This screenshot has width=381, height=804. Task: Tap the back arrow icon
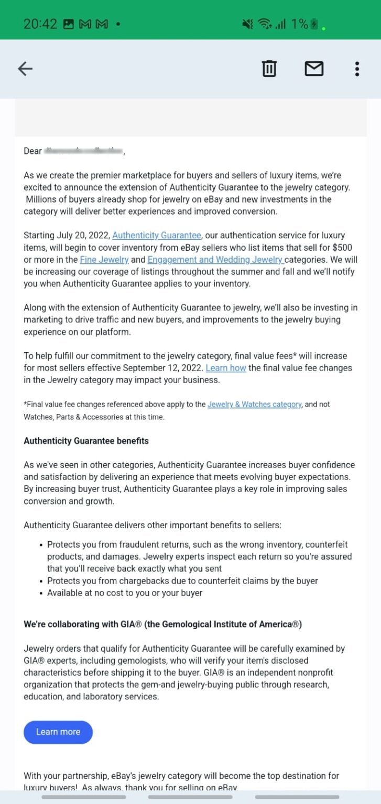(25, 69)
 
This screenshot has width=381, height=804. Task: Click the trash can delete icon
(269, 69)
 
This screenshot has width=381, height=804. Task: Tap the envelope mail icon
(313, 69)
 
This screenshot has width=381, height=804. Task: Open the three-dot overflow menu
(357, 69)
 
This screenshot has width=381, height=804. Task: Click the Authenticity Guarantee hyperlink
(156, 236)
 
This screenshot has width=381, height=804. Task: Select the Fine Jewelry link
(104, 260)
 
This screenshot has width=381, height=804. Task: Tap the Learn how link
(226, 368)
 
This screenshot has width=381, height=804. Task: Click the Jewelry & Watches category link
(254, 404)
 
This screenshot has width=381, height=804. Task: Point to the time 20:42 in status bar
(40, 24)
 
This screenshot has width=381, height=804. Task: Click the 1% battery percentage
(299, 24)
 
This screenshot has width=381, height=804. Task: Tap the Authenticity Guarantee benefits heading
(86, 441)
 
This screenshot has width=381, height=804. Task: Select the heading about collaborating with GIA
(162, 624)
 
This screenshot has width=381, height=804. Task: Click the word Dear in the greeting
(32, 151)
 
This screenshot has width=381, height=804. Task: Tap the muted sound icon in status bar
(248, 24)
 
